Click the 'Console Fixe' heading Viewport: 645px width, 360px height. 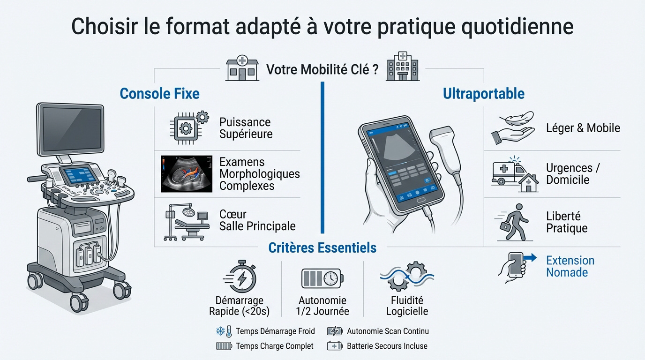pyautogui.click(x=159, y=93)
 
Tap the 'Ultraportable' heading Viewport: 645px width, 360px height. pyautogui.click(x=483, y=93)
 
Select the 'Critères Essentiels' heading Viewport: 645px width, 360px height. pyautogui.click(x=322, y=247)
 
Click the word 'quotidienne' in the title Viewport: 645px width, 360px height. pyautogui.click(x=517, y=26)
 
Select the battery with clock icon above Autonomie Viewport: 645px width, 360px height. pyautogui.click(x=322, y=278)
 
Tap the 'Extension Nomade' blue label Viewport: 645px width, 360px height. pyautogui.click(x=570, y=266)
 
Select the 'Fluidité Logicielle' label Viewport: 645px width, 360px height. pyautogui.click(x=407, y=306)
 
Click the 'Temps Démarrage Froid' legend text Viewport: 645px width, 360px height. pyautogui.click(x=275, y=331)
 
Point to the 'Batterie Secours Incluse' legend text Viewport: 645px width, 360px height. pyautogui.click(x=387, y=346)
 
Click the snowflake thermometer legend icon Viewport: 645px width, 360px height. pyautogui.click(x=224, y=331)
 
